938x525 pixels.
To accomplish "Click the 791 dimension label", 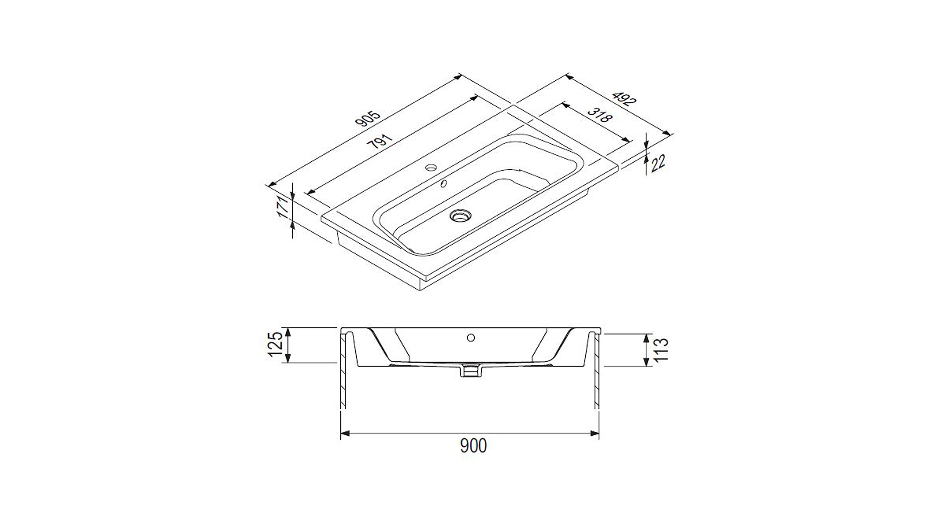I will coord(380,141).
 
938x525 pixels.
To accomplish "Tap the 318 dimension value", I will coord(600,115).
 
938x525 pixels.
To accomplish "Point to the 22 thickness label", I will coord(658,163).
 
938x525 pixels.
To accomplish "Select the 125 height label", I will coord(276,344).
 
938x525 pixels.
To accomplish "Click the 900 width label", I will coord(473,445).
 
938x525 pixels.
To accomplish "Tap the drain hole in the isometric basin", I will coord(460,216).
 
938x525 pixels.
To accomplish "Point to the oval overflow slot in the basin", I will coord(444,183).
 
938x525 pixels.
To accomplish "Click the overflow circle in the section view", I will coord(471,338).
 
